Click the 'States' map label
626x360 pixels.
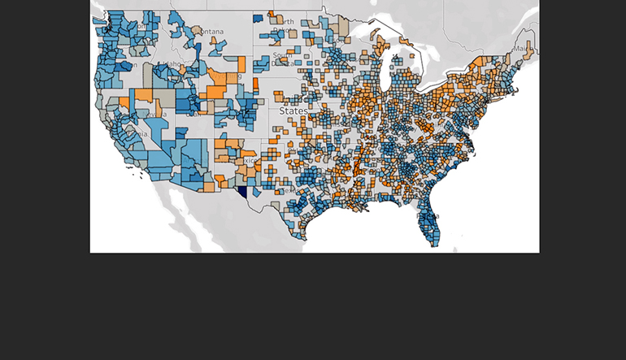point(293,110)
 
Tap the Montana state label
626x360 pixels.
point(209,32)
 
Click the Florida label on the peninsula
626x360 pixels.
point(430,216)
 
